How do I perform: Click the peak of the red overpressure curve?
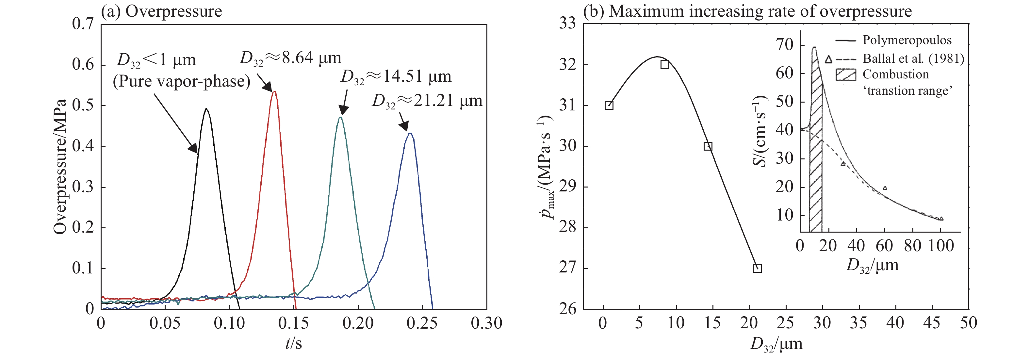274,92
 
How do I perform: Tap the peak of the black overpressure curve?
206,109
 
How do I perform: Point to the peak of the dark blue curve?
410,134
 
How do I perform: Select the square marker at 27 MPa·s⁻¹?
757,269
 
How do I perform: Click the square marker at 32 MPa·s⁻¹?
665,65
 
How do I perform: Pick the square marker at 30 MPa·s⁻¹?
708,146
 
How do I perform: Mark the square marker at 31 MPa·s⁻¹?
609,106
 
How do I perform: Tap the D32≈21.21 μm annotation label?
427,101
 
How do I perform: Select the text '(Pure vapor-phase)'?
181,82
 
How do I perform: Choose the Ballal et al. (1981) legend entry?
913,59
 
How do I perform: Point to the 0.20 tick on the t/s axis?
358,323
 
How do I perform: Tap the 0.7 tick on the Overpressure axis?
83,24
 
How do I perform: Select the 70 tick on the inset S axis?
784,45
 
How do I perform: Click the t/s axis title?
294,343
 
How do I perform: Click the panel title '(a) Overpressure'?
161,11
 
